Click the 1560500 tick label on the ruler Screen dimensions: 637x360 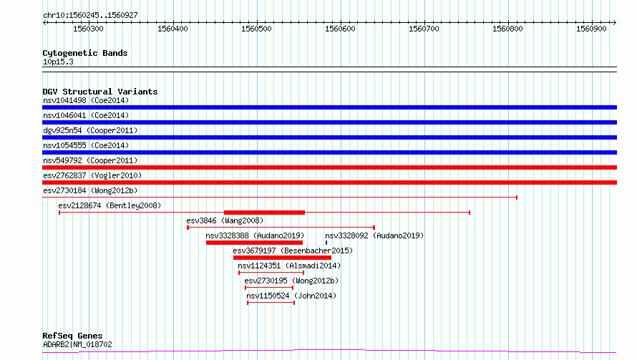tap(256, 29)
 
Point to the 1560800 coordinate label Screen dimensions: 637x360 tap(507, 29)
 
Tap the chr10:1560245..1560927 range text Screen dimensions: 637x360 tap(91, 16)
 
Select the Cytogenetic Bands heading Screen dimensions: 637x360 tap(85, 53)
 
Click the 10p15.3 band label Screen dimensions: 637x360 tap(58, 62)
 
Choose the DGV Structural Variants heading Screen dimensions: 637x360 tap(100, 92)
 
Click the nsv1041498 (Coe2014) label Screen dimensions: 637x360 tap(86, 100)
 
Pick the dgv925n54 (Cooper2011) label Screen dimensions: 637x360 tap(90, 130)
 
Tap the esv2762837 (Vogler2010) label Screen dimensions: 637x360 tap(92, 175)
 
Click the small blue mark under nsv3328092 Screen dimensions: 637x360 tap(326, 243)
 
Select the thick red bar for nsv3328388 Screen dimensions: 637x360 tap(254, 243)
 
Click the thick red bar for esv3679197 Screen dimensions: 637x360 tap(282, 258)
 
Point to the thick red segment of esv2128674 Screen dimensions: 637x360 tap(265, 213)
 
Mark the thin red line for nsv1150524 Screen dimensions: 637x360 tap(271, 303)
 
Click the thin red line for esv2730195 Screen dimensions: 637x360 tap(269, 288)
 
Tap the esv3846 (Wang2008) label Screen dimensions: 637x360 tap(225, 220)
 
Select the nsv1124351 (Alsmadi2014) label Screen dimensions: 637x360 tap(289, 266)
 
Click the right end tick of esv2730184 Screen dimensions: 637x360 tap(516, 198)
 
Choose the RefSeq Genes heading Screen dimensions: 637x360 tap(73, 336)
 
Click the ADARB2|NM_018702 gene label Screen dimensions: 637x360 tap(77, 344)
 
